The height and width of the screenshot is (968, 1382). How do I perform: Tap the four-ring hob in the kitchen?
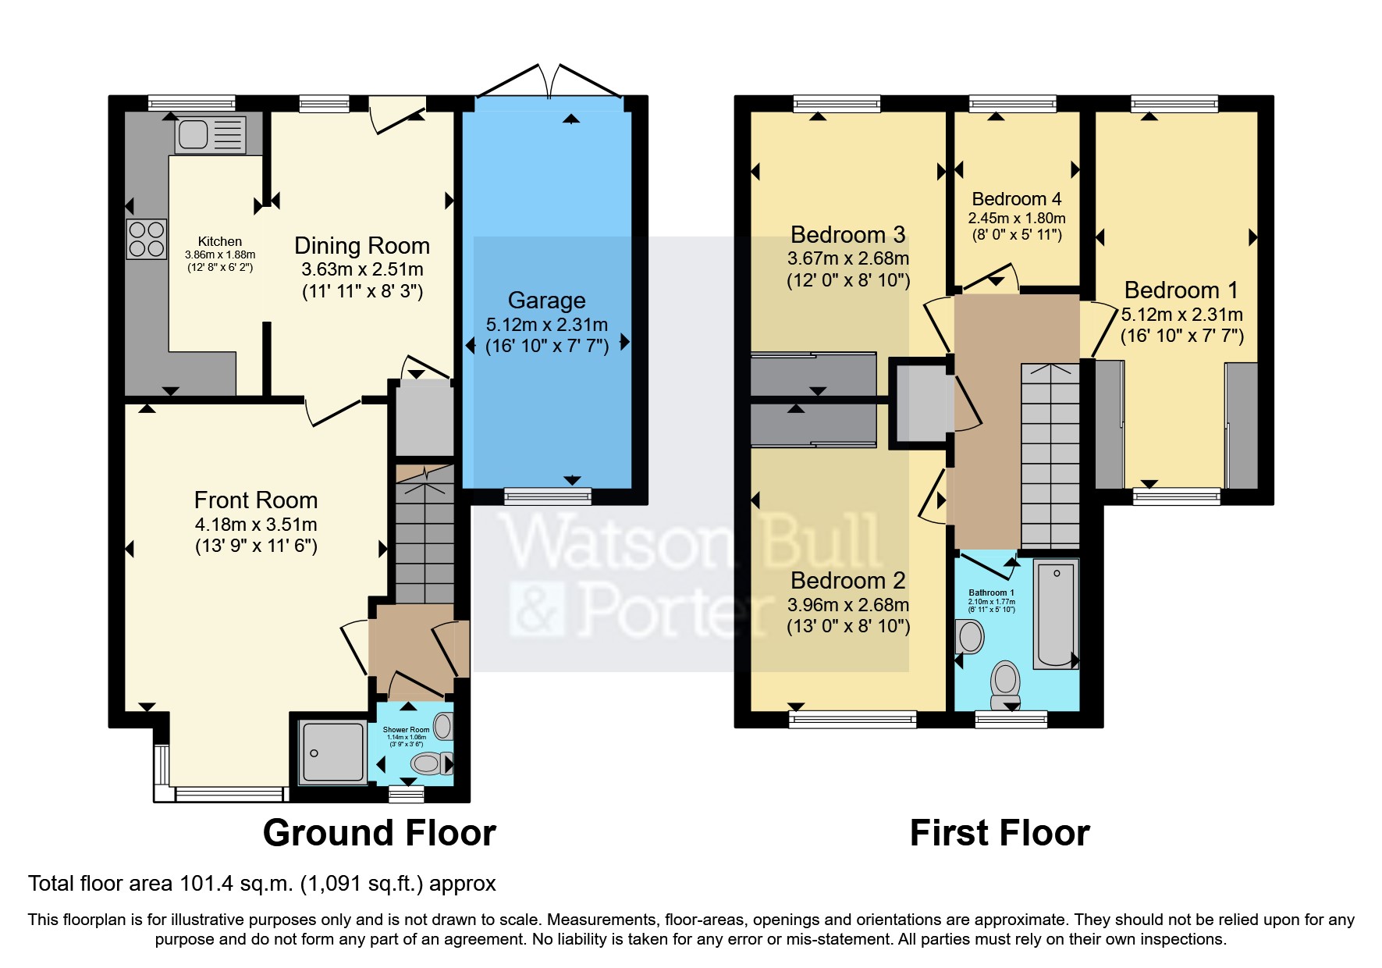coord(147,239)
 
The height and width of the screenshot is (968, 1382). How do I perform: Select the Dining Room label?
coord(362,246)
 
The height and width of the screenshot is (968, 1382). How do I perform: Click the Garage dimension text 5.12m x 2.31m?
coord(546,325)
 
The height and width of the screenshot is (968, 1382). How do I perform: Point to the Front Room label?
coord(256,500)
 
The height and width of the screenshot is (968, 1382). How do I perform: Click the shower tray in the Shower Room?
coord(333,752)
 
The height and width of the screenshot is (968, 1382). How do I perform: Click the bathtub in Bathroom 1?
coord(1056,614)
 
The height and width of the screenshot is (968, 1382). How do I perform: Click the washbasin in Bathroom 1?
coord(970,637)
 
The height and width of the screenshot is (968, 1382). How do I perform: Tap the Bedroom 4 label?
coord(1016,200)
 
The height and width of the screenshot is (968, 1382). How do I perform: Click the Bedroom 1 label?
coord(1181,290)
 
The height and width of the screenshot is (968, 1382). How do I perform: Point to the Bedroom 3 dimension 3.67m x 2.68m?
coord(848,258)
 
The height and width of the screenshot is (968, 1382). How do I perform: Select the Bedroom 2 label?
coord(848,581)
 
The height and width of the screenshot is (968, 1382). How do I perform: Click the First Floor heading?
coord(1000,834)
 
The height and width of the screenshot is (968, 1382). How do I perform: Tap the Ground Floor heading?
coord(379,834)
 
